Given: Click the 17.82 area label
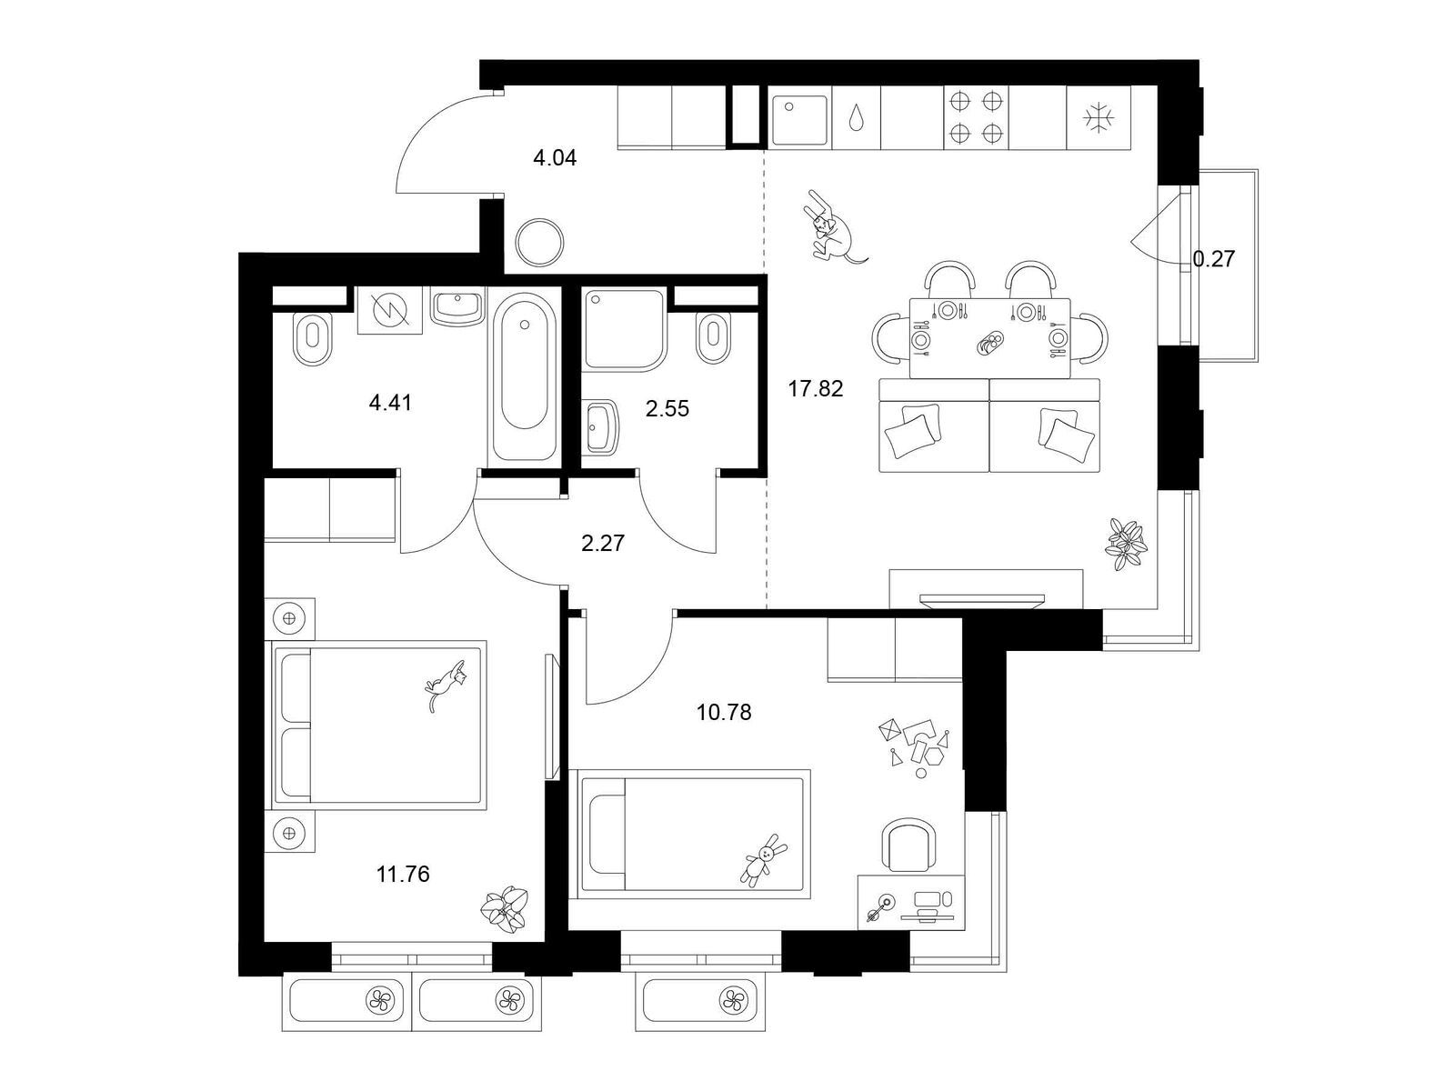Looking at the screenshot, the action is pos(816,388).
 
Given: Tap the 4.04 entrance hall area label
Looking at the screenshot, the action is pos(555,157).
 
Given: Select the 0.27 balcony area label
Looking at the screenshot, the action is pos(1214,259).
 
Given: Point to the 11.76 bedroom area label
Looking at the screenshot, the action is pos(403,874).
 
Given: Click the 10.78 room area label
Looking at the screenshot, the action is pos(724,712).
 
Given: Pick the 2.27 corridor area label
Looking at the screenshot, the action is pos(603,543).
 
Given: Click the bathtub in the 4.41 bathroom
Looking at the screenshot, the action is pos(524,377).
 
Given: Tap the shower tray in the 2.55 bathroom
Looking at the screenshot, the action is pos(624,328).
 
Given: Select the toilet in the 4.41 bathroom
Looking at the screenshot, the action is pos(313,338).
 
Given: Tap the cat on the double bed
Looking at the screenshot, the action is pos(447,685).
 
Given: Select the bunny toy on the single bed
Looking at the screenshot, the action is pos(763,860).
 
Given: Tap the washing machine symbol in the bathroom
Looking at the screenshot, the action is pos(390,310).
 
